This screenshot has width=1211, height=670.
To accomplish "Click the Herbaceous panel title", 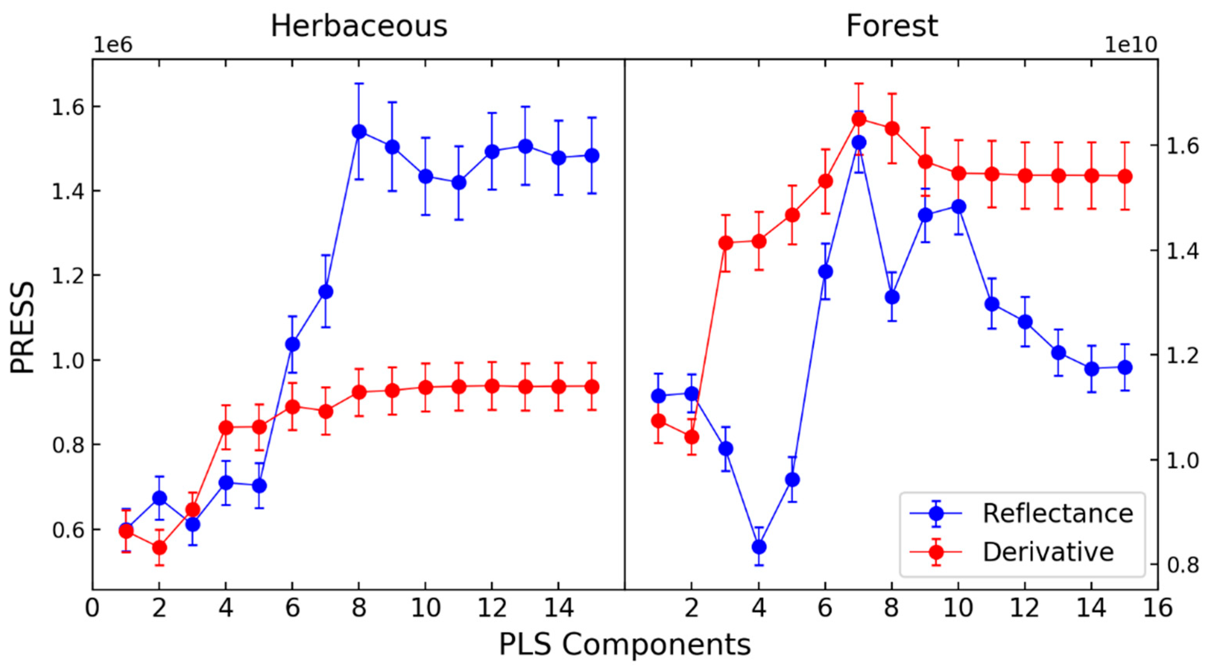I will tap(359, 26).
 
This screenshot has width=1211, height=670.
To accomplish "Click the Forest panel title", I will tap(892, 26).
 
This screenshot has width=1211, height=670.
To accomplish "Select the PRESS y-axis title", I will tap(23, 328).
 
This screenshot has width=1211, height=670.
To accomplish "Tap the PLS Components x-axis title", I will tap(625, 644).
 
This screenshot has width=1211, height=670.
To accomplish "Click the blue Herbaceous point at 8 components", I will tap(359, 132).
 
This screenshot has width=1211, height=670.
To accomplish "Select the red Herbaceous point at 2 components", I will tap(159, 548).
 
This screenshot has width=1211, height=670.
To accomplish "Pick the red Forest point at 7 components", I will tap(859, 119).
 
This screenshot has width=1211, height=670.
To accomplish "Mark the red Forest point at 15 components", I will tap(1125, 177).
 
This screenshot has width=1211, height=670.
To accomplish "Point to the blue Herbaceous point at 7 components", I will tap(326, 292).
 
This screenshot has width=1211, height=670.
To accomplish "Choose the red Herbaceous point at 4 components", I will tap(226, 427).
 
